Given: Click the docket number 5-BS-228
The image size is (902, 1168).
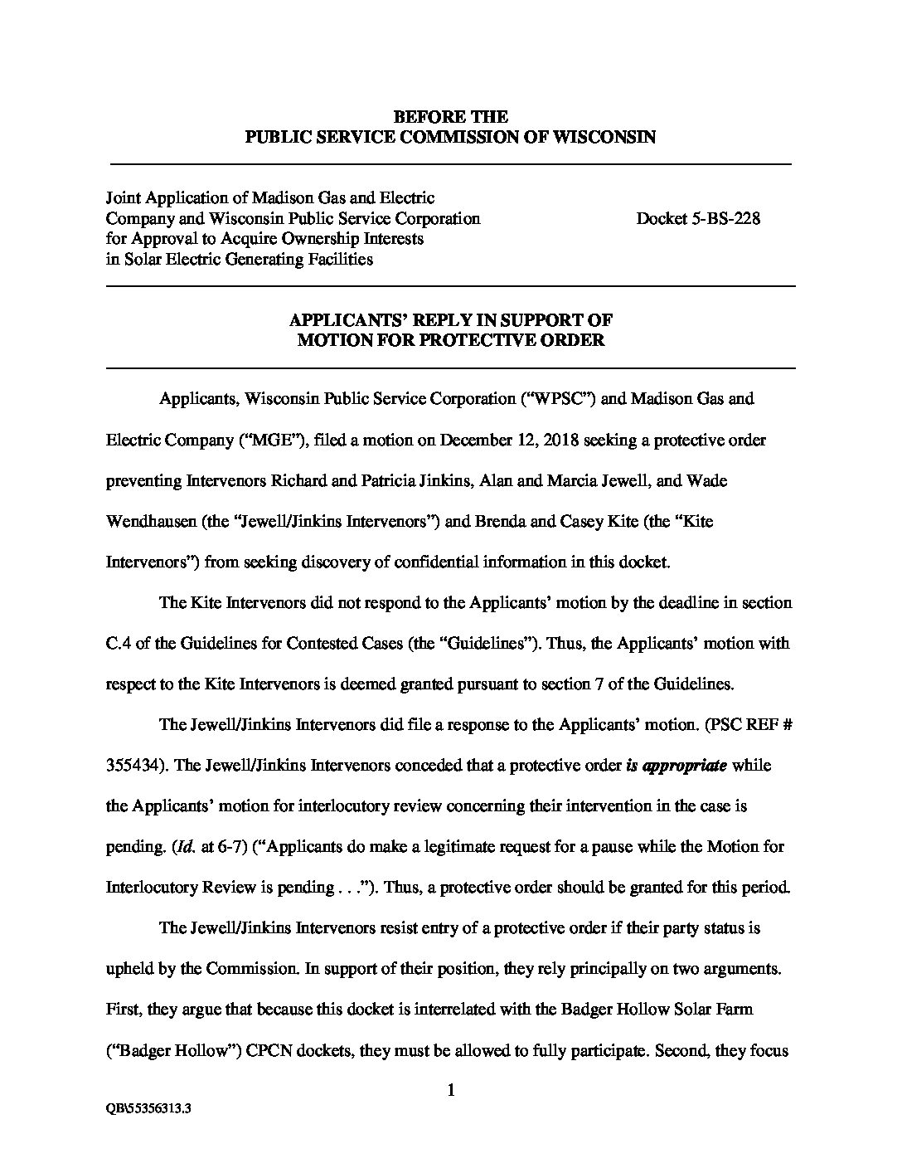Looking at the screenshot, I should pos(698,219).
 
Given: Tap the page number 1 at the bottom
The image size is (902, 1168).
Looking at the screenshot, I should pos(451,1090).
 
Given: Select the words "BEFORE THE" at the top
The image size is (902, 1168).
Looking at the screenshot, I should pos(450,117).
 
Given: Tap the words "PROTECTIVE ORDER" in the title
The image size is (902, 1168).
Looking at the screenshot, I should pos(524,340).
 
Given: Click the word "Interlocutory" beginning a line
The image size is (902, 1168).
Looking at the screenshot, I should pos(152,887).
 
